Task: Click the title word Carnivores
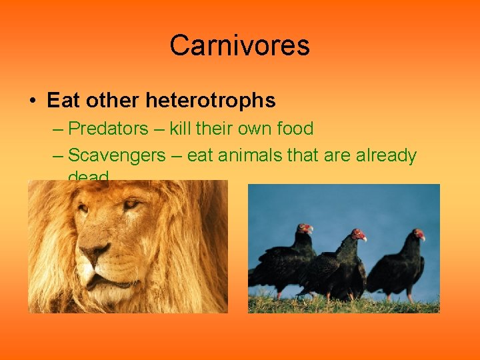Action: click(239, 45)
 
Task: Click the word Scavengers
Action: click(117, 155)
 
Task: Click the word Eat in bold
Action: click(63, 101)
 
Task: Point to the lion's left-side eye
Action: click(82, 209)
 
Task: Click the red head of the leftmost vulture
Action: click(306, 229)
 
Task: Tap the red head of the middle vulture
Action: click(359, 235)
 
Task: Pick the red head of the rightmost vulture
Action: click(419, 234)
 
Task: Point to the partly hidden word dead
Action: click(88, 177)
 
